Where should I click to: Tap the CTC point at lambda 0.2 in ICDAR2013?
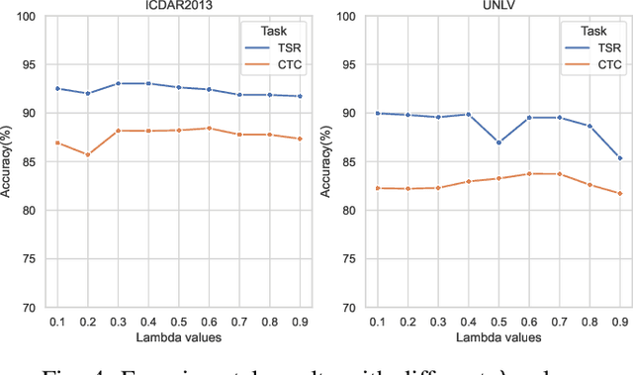click(x=87, y=154)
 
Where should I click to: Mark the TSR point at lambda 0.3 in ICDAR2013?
click(x=118, y=83)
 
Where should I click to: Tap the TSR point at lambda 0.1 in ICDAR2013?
click(x=56, y=88)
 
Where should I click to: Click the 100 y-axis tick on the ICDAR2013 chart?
click(x=30, y=17)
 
